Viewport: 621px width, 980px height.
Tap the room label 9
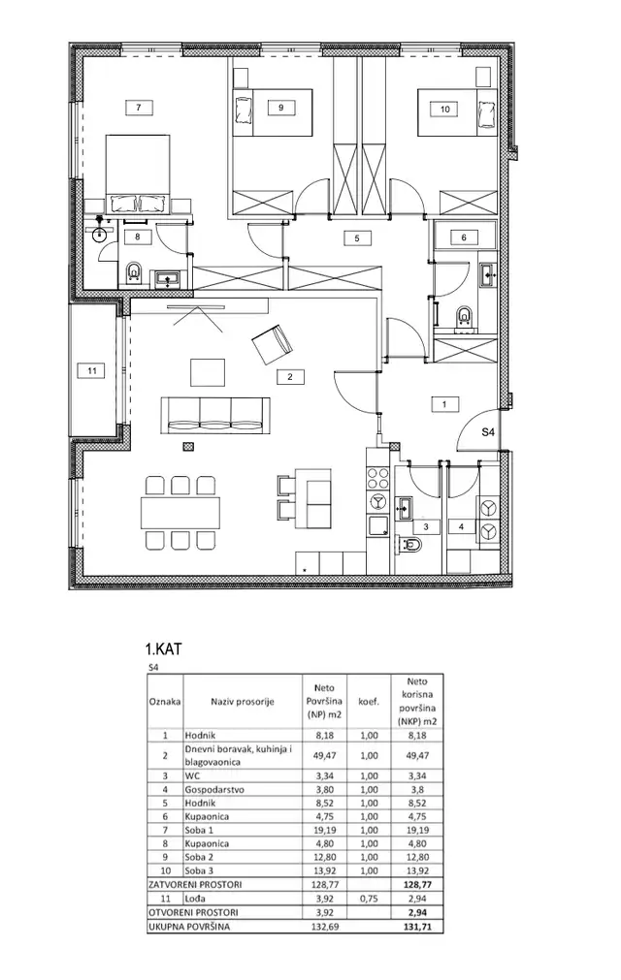[280, 109]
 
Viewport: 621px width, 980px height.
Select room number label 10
[444, 110]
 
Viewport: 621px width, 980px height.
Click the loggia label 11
[92, 370]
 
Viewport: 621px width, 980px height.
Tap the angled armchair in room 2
[272, 342]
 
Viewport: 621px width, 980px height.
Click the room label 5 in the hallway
[356, 237]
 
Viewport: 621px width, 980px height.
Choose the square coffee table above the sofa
[207, 372]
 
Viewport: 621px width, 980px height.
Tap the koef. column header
[368, 698]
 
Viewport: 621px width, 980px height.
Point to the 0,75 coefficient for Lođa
[368, 900]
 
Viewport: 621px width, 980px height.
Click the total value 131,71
[415, 927]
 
